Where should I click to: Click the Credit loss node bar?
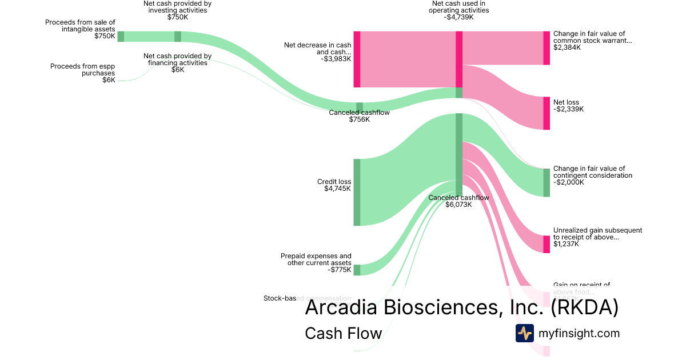357,192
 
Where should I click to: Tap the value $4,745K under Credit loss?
337,189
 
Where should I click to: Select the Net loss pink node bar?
547,113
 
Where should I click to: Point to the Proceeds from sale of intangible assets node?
121,37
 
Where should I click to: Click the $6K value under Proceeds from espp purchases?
109,80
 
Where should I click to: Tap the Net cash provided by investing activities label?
177,6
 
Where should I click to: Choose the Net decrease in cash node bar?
357,59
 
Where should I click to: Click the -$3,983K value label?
336,59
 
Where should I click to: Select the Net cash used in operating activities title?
459,6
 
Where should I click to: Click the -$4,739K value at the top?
459,17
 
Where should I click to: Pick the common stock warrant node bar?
547,48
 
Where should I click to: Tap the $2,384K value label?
567,47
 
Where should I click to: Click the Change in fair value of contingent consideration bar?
547,182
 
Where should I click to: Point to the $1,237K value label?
566,244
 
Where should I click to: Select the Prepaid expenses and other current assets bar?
357,270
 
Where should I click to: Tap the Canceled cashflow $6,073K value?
458,205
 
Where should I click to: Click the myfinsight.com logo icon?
525,333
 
